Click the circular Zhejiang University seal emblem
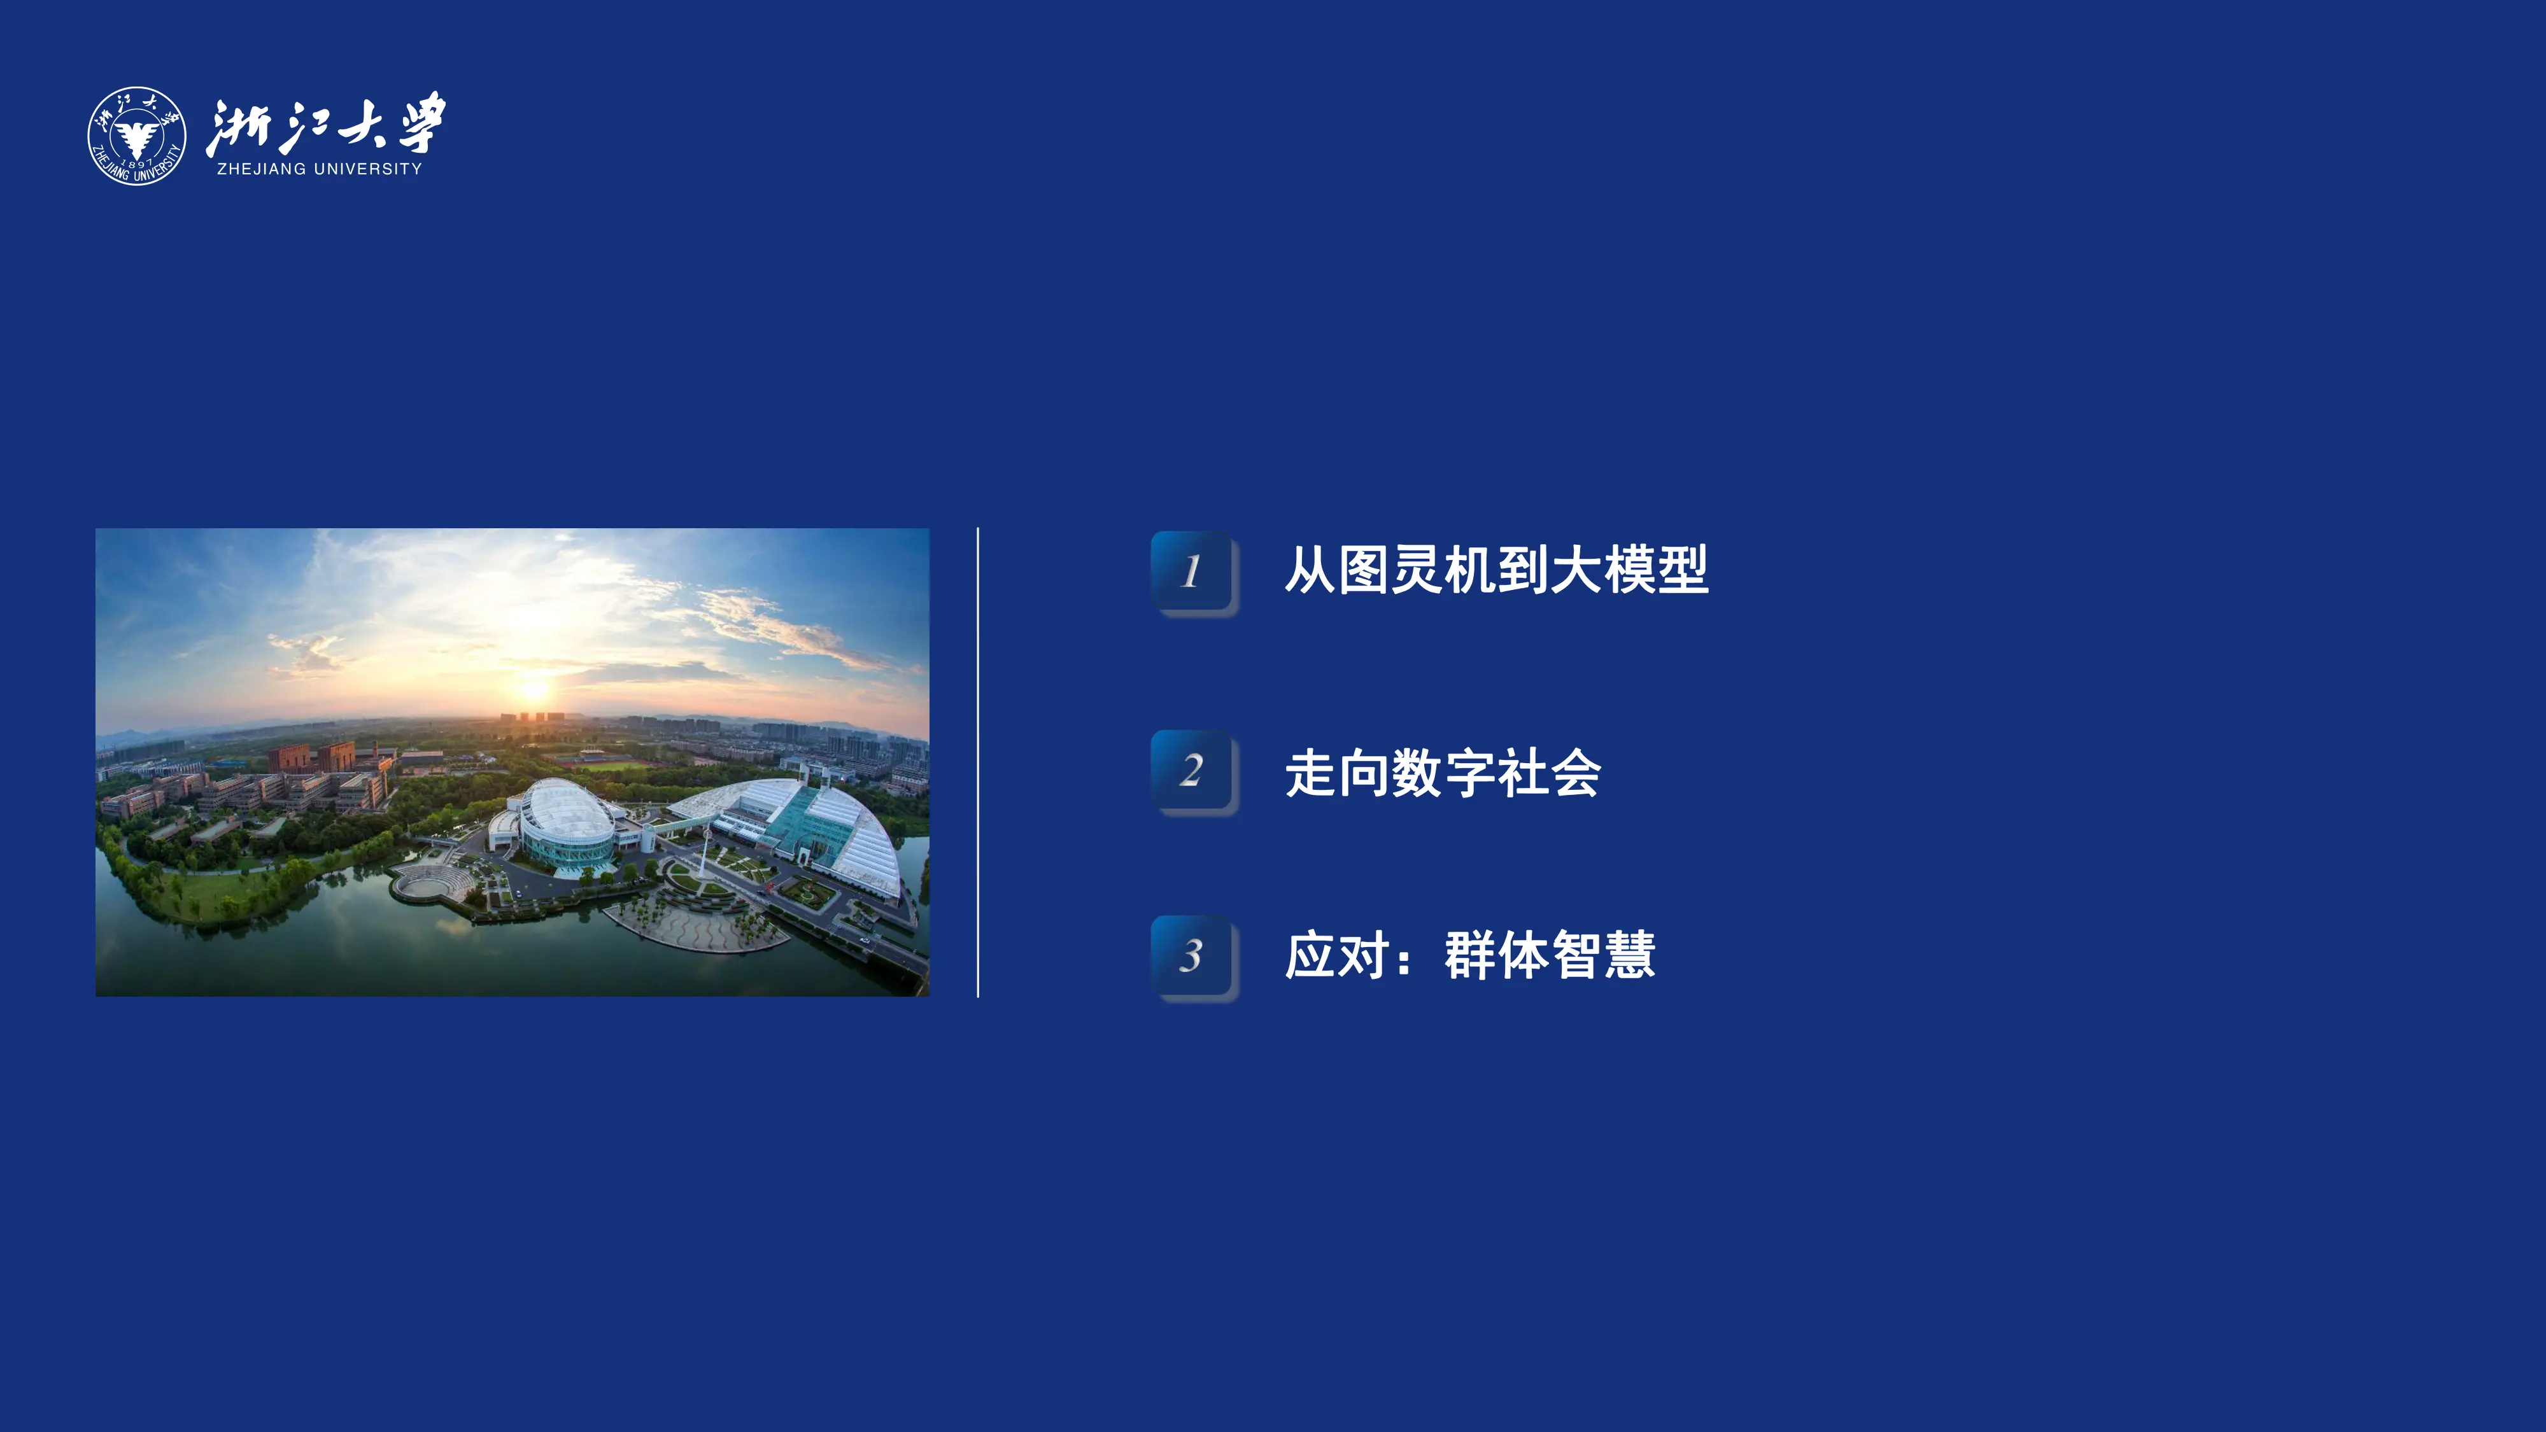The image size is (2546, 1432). click(136, 136)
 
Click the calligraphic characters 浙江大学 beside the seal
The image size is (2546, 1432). click(326, 125)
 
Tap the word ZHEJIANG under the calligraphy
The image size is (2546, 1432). click(261, 169)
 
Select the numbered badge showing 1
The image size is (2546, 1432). click(1192, 572)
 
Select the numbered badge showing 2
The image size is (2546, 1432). click(1192, 771)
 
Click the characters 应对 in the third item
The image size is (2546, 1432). click(1336, 956)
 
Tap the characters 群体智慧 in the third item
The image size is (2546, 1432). click(1549, 956)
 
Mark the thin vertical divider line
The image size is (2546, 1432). click(977, 761)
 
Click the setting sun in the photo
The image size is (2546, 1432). click(534, 688)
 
